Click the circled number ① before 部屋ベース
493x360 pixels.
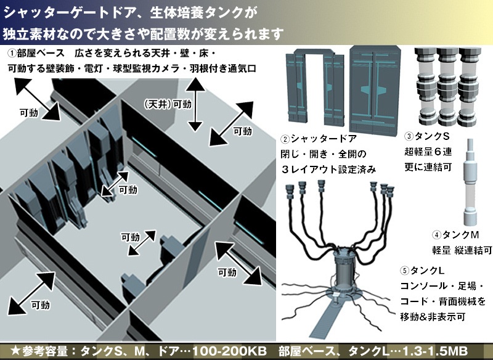coord(12,54)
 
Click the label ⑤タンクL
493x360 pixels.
coord(426,271)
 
